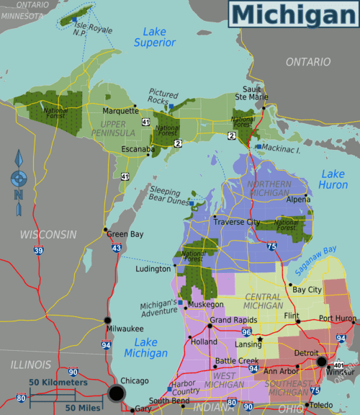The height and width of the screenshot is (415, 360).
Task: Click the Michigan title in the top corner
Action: (x=293, y=14)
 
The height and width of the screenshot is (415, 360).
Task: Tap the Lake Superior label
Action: (x=154, y=37)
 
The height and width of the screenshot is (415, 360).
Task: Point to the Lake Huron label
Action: (x=333, y=179)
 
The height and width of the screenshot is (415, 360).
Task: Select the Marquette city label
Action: (x=120, y=111)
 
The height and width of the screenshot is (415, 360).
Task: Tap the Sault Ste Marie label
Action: (x=252, y=97)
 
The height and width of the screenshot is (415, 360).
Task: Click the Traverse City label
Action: (x=234, y=223)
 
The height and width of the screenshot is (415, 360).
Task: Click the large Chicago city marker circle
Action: (x=116, y=392)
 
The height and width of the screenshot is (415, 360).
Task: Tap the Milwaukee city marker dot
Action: (x=108, y=320)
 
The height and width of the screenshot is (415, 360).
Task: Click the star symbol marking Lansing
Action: (x=260, y=339)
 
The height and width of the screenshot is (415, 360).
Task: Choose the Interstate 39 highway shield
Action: (x=37, y=251)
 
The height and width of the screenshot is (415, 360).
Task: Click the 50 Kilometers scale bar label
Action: (x=58, y=382)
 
